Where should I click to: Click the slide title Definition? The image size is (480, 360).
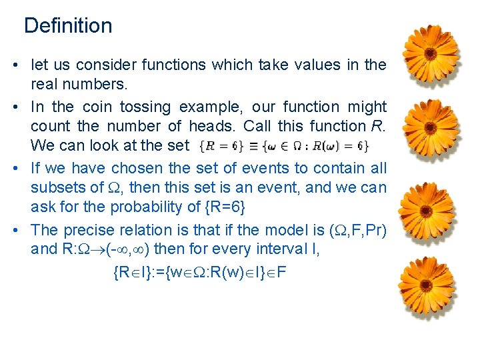click(x=68, y=26)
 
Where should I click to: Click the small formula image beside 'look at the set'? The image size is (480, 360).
click(x=284, y=145)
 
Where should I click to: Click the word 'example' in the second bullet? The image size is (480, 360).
click(x=221, y=107)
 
